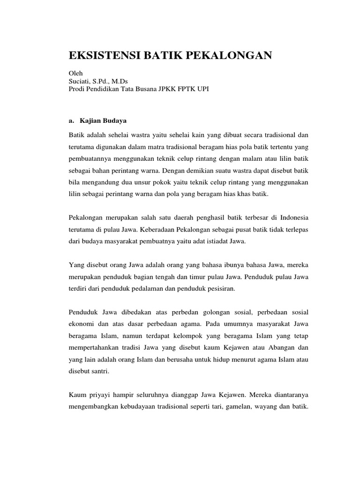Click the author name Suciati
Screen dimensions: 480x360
click(81, 81)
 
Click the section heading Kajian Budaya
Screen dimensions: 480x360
click(101, 120)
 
